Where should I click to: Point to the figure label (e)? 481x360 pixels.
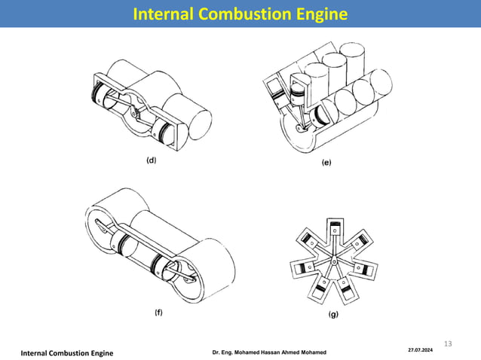326,162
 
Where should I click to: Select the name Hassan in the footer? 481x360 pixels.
274,353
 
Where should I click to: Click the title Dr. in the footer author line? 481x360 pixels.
216,353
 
